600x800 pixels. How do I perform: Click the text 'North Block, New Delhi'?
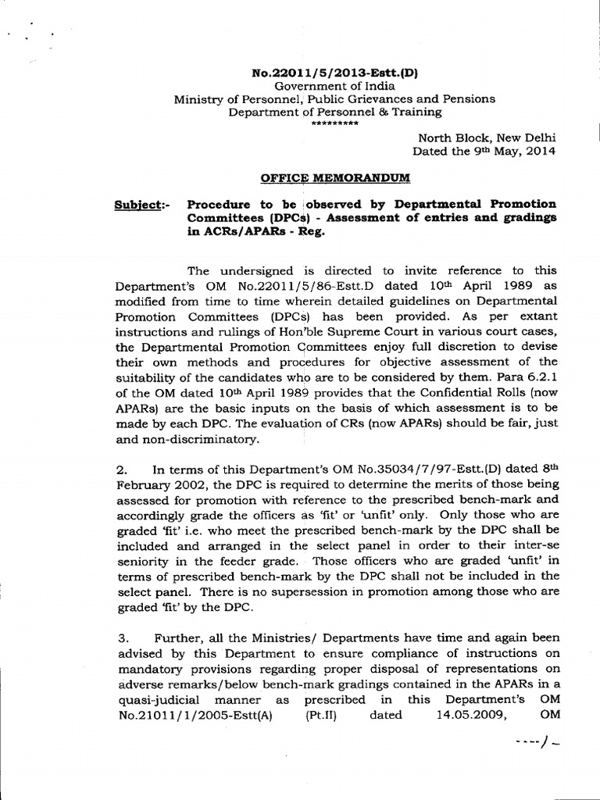tap(487, 137)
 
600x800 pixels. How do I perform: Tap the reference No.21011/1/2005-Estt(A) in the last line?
tap(197, 714)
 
